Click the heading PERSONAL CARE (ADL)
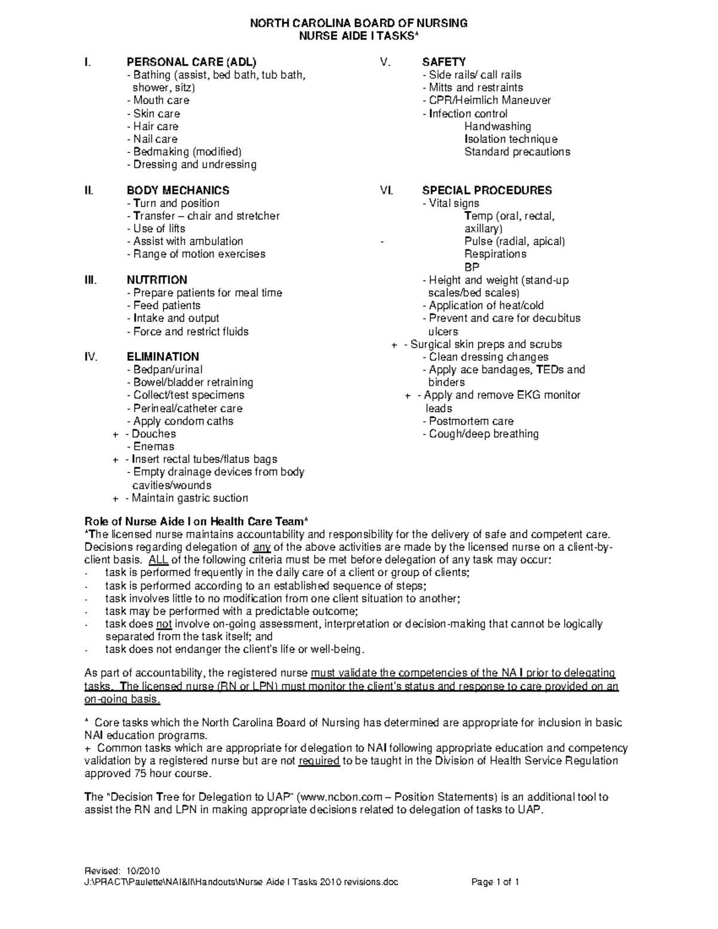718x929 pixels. (191, 62)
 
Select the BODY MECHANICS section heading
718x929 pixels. (178, 190)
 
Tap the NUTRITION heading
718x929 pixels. (157, 280)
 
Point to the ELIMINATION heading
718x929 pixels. (163, 357)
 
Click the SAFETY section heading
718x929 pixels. (444, 62)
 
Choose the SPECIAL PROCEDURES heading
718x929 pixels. (487, 190)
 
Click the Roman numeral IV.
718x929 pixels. (90, 357)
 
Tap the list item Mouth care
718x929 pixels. (160, 100)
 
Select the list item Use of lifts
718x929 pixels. (159, 229)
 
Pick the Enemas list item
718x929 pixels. (153, 447)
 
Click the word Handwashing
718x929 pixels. (497, 126)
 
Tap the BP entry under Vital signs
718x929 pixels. (471, 267)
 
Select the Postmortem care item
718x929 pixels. (470, 421)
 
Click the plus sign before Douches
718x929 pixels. (115, 434)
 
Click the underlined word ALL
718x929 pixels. (158, 560)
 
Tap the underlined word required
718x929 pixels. (318, 761)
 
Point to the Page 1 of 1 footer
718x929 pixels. (495, 882)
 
